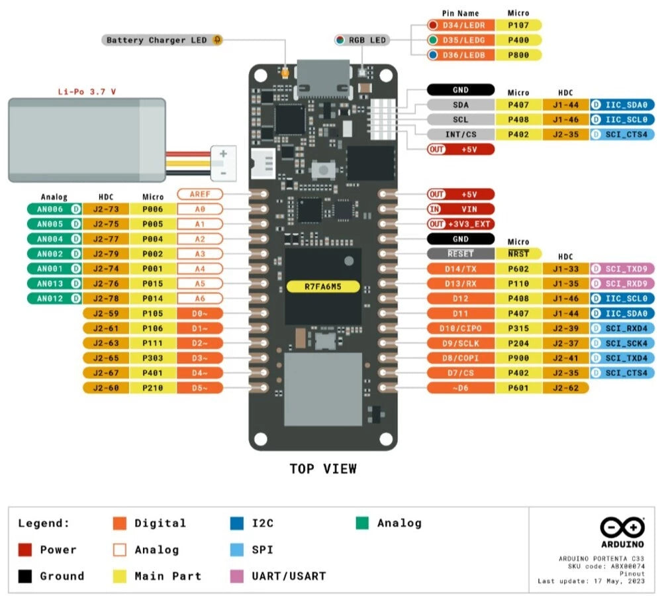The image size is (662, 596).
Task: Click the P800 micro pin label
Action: click(x=518, y=55)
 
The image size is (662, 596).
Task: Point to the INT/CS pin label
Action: click(x=461, y=134)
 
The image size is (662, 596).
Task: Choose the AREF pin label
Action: click(x=200, y=194)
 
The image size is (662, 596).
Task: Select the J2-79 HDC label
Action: click(x=106, y=254)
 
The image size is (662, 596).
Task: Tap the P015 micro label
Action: click(x=153, y=283)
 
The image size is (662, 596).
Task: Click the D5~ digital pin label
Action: click(x=200, y=388)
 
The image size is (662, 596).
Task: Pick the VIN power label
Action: click(x=461, y=209)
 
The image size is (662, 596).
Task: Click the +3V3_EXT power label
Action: click(x=461, y=224)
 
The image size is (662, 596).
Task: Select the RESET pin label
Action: click(x=461, y=254)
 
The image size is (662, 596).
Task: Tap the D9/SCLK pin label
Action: click(x=461, y=343)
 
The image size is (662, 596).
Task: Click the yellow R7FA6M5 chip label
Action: click(x=323, y=287)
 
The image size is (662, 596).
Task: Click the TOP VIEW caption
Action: click(x=323, y=469)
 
